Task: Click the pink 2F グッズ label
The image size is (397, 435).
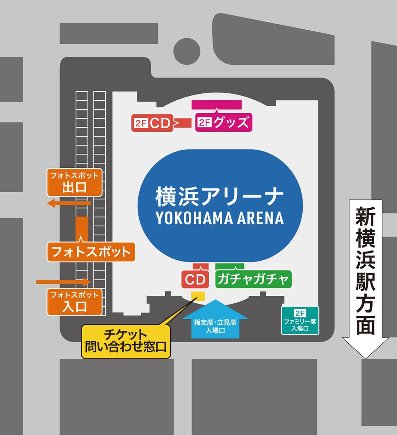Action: click(223, 123)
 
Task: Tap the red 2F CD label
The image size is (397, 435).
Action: click(152, 123)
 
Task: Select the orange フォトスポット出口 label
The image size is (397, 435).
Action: click(74, 182)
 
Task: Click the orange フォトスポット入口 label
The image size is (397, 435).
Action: click(74, 301)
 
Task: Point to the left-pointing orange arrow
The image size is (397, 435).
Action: click(68, 203)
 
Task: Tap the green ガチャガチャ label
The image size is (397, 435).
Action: click(253, 279)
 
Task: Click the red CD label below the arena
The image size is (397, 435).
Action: click(195, 280)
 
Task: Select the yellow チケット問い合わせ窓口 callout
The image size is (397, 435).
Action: click(126, 341)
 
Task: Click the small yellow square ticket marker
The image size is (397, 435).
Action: click(198, 296)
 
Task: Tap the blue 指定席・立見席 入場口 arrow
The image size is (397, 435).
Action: click(215, 320)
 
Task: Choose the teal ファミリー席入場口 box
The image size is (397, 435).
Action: click(300, 320)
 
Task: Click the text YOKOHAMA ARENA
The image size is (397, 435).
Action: click(220, 218)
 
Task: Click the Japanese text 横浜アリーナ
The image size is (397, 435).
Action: click(220, 197)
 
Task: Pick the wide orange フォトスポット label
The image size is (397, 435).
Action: click(91, 252)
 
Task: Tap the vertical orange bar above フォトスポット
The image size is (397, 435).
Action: click(82, 228)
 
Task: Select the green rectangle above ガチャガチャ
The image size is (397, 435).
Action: click(230, 266)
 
